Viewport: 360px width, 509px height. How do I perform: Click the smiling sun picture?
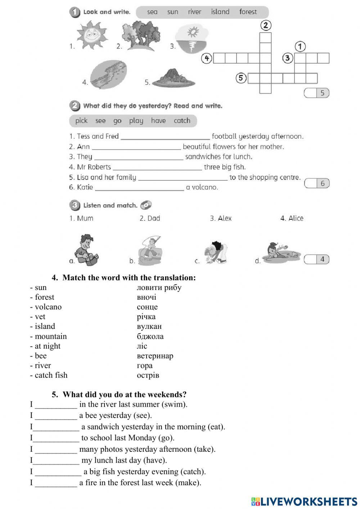click(x=92, y=35)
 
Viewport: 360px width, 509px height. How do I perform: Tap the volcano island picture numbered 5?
click(x=174, y=78)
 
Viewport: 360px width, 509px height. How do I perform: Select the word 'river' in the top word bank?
click(x=194, y=12)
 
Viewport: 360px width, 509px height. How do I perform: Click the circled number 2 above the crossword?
click(x=265, y=25)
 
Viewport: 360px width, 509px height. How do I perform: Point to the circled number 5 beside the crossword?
click(x=241, y=78)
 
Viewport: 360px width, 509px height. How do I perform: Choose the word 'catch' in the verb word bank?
click(x=182, y=121)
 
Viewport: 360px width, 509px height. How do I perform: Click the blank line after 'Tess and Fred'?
click(x=165, y=137)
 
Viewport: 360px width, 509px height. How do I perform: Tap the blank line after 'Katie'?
click(x=139, y=188)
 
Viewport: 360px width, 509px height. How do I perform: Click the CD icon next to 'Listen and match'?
click(x=146, y=205)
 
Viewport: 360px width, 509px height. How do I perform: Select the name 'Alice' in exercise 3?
click(x=296, y=218)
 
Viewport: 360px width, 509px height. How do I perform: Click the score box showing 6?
click(x=317, y=183)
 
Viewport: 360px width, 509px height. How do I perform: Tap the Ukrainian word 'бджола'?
click(x=150, y=336)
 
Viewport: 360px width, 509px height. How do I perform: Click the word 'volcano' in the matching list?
click(x=48, y=307)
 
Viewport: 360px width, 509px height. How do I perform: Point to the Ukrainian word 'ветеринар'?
click(x=155, y=356)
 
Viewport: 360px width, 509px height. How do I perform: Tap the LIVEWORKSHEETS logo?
click(x=304, y=501)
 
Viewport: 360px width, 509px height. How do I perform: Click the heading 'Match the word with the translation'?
click(x=129, y=278)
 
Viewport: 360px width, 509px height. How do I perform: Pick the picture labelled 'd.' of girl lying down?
click(x=281, y=251)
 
